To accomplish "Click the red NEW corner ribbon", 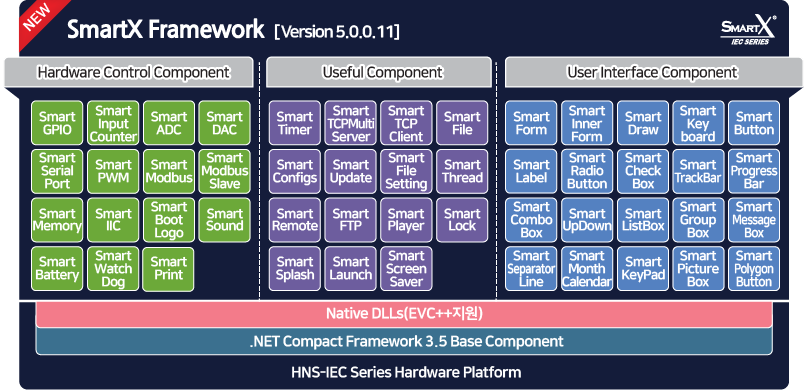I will tap(32, 19).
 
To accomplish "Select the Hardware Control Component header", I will tap(133, 72).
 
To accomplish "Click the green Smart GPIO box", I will tap(57, 123).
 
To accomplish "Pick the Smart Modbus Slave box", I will tap(224, 171).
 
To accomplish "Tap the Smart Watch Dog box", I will tap(113, 269).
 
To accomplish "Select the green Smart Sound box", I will tap(224, 219).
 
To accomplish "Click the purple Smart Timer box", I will tap(295, 123).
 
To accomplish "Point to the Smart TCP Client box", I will tap(406, 123).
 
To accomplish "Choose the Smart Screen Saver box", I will tap(406, 269).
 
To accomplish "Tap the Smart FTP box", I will tap(350, 219).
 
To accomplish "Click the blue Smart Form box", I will tap(531, 123).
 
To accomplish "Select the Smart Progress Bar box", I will tap(753, 171).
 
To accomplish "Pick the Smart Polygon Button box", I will tap(753, 269).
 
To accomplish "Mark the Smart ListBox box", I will tap(642, 219).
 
